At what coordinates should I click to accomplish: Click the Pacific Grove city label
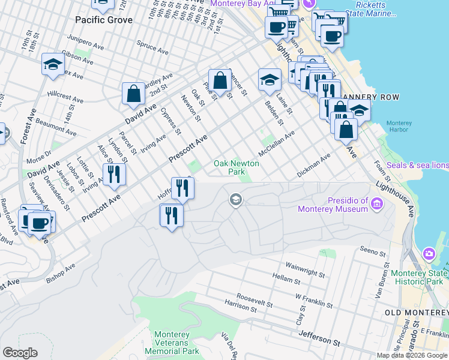pos(104,19)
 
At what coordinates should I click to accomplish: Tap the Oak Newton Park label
pos(237,167)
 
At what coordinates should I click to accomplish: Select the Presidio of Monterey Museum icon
pos(377,204)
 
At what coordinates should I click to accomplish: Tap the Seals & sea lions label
pos(417,165)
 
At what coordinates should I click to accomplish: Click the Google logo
pos(20,353)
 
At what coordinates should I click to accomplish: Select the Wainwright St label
pos(305,269)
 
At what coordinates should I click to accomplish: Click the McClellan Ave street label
pos(278,143)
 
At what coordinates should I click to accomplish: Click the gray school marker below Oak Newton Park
pos(236,199)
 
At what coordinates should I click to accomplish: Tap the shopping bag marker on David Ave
pos(133,94)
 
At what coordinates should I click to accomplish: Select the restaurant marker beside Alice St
pos(112,174)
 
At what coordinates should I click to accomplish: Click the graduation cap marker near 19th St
pos(53,65)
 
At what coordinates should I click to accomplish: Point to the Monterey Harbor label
pos(399,127)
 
